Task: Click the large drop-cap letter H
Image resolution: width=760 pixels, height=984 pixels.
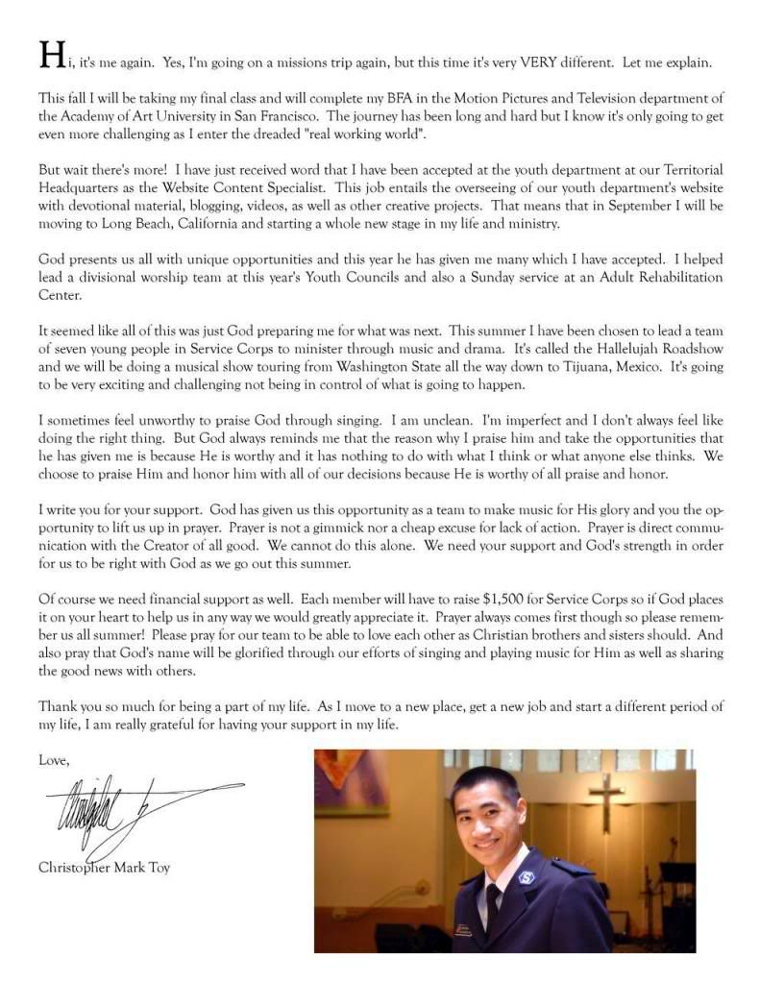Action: [x=51, y=55]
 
